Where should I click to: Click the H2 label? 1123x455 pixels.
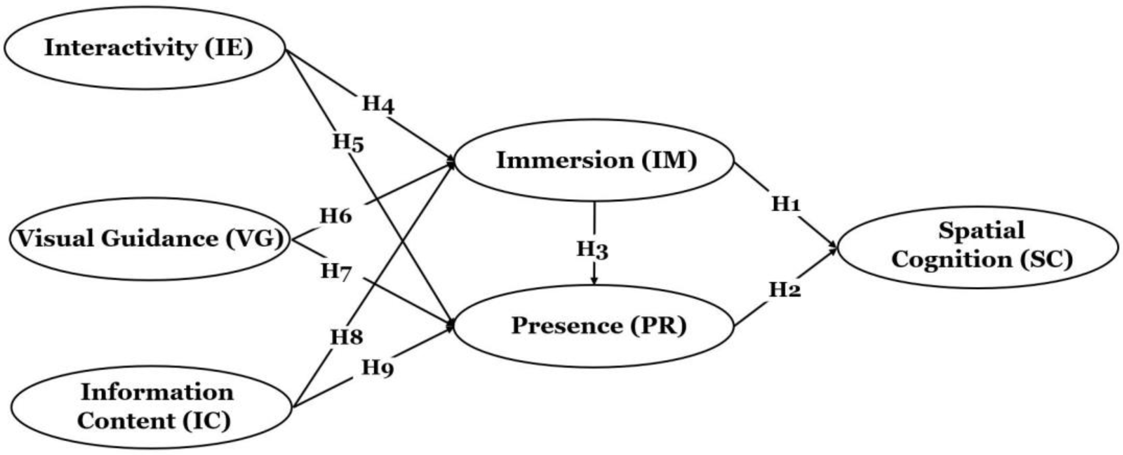tap(785, 290)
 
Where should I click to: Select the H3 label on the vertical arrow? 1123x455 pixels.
tap(592, 249)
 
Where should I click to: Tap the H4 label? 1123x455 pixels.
tap(378, 105)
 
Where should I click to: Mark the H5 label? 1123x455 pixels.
tap(348, 142)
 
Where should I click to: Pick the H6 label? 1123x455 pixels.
tap(336, 216)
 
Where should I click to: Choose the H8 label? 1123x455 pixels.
tap(346, 337)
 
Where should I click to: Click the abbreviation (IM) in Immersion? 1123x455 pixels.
tap(669, 160)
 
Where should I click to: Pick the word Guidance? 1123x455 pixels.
tap(159, 239)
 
